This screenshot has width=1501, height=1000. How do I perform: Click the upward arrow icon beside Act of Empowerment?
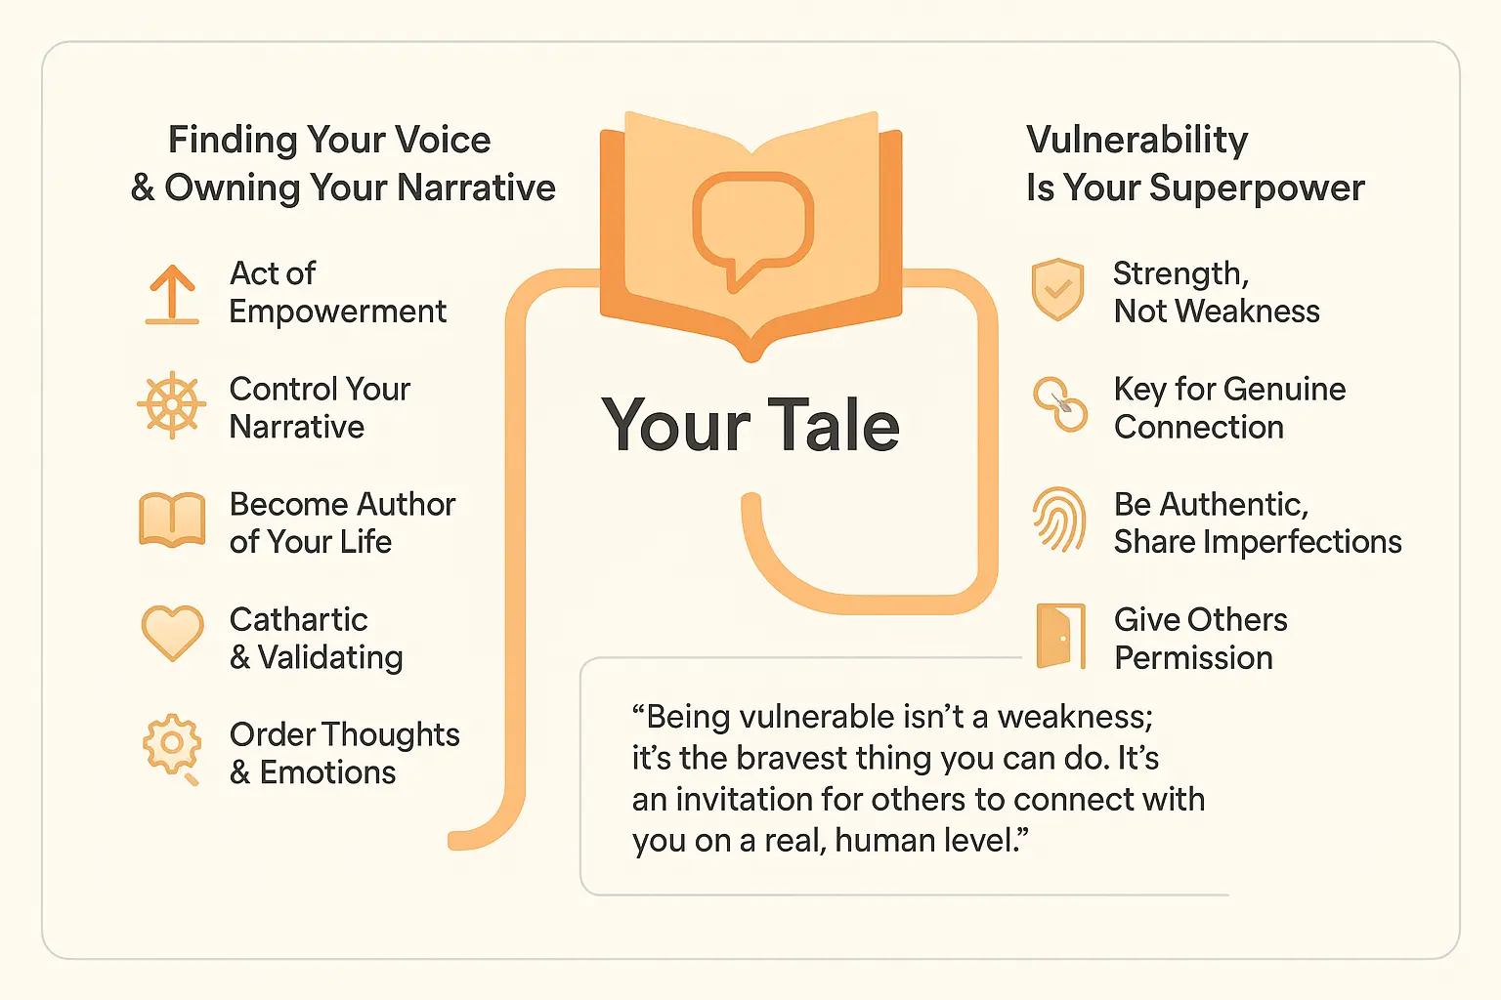[172, 295]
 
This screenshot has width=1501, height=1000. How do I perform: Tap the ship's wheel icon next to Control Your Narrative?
[172, 404]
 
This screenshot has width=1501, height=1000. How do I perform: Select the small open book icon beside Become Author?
[172, 520]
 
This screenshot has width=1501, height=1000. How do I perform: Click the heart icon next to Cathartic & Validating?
[172, 632]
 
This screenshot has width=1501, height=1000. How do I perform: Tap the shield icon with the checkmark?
[1057, 289]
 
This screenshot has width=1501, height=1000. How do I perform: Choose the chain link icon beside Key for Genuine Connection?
[1060, 404]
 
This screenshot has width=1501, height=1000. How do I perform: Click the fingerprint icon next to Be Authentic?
[1059, 520]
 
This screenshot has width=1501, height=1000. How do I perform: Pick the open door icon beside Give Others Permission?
[1060, 636]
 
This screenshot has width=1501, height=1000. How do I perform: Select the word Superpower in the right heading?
[1257, 188]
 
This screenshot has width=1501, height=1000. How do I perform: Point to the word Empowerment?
[338, 312]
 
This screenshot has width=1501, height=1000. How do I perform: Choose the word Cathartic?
[299, 620]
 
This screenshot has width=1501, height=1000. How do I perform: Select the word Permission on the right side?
[1193, 658]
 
